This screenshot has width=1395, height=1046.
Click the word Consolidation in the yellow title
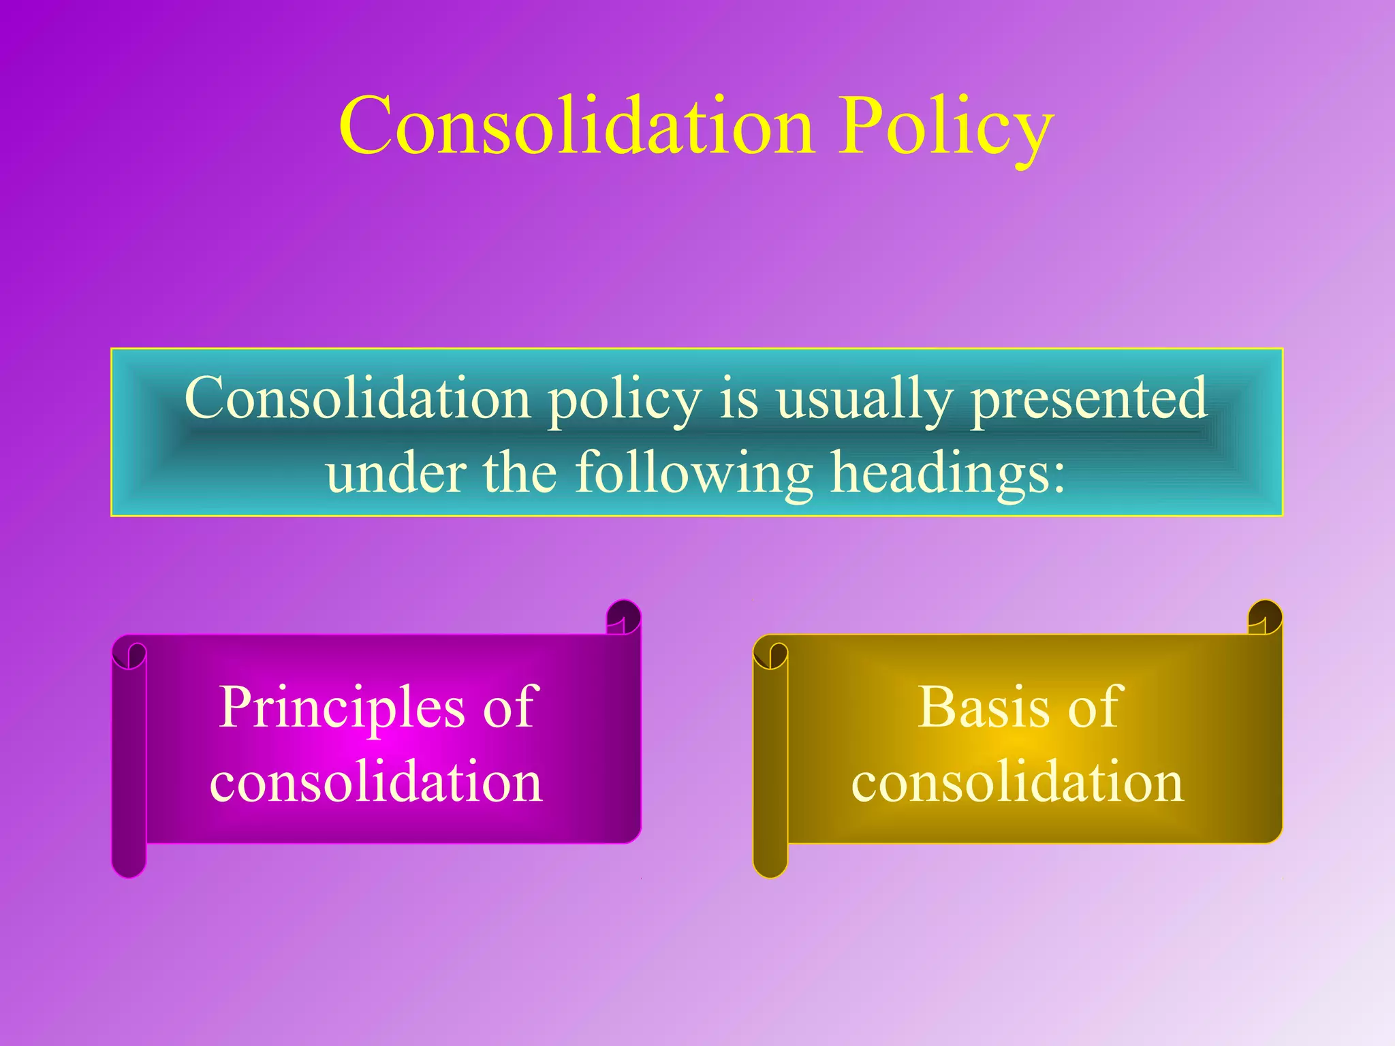576,127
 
